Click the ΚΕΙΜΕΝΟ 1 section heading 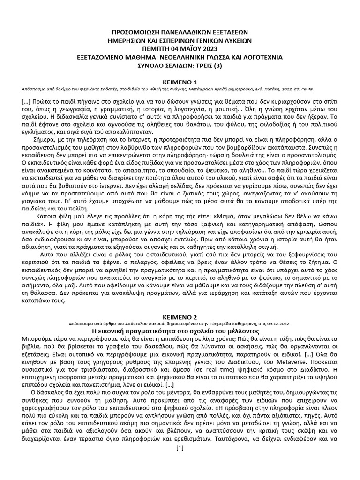click(180, 81)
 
